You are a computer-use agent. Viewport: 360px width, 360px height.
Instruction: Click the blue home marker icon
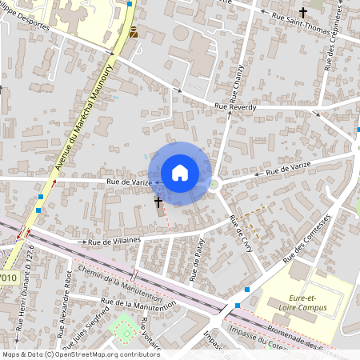[x=180, y=172]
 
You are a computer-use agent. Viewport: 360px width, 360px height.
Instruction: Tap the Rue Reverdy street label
[x=234, y=106]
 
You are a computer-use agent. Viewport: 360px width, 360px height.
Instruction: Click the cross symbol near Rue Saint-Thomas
[x=303, y=12]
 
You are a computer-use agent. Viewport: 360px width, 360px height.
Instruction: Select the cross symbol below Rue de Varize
[x=158, y=202]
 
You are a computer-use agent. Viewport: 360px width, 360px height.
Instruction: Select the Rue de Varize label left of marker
[x=129, y=182]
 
